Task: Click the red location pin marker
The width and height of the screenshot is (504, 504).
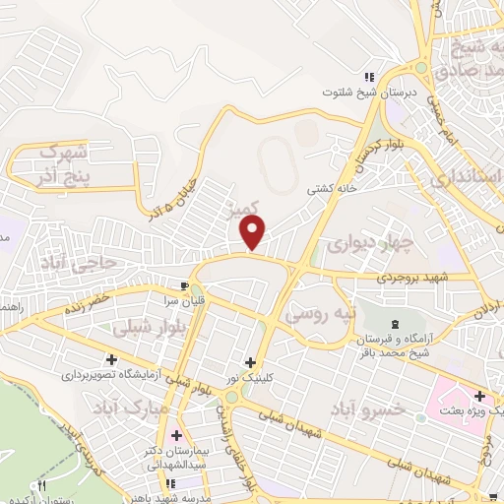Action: click(x=253, y=232)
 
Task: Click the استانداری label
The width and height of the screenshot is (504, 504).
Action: click(x=468, y=178)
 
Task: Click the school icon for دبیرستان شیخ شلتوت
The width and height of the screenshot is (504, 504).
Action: click(x=370, y=77)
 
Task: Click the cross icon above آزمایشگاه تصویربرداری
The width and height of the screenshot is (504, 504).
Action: click(x=111, y=359)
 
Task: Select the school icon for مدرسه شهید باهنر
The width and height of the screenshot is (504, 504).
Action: click(x=170, y=482)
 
